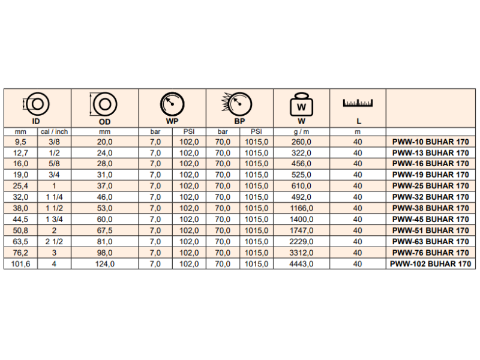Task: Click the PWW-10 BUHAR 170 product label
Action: point(430,142)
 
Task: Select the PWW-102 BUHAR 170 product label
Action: point(430,263)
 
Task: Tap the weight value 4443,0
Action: point(301,263)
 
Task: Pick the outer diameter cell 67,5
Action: point(105,230)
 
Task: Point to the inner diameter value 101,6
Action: point(20,263)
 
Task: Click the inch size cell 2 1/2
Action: point(54,241)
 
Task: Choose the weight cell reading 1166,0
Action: point(301,208)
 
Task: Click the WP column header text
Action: point(172,121)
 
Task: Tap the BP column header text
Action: point(239,121)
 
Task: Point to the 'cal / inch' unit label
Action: point(54,131)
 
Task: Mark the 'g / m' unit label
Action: point(301,131)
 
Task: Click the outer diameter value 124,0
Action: point(105,263)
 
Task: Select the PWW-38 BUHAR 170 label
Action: point(430,208)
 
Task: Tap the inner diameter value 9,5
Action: point(20,142)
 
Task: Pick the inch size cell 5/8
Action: point(54,164)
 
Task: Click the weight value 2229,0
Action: point(301,241)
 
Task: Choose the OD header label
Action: point(105,121)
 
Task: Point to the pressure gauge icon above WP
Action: point(172,104)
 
